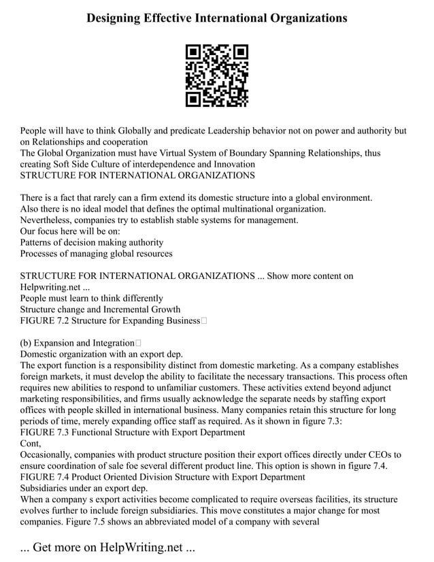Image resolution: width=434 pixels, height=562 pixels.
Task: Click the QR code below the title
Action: coord(216,76)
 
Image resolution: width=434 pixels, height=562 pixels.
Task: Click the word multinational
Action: coord(241,209)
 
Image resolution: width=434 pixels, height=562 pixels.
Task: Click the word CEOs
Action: coord(375,454)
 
